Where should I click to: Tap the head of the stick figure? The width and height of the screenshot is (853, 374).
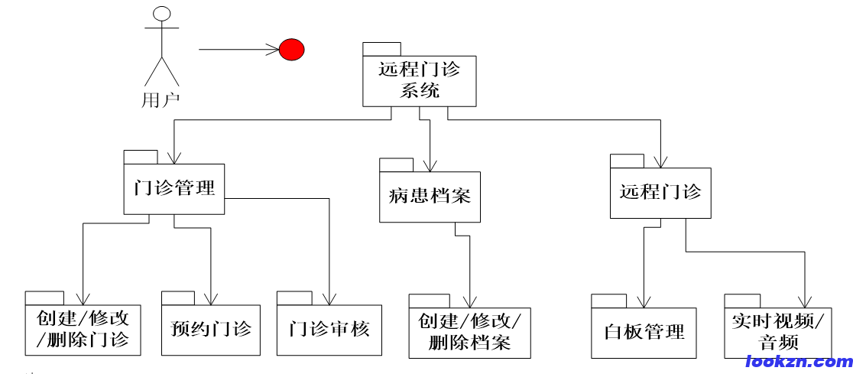161,15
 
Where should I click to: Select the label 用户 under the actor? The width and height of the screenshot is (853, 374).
161,100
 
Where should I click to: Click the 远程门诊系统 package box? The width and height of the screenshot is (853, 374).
419,81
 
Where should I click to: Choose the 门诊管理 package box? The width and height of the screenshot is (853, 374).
174,188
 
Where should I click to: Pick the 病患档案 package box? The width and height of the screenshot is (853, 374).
430,197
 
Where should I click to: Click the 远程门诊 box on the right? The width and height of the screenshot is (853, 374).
660,193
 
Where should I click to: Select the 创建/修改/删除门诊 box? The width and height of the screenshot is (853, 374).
83,330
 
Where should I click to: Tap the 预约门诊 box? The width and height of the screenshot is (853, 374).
211,330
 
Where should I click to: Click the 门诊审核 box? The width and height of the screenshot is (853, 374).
329,330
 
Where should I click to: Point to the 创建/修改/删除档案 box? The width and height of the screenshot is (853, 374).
469,333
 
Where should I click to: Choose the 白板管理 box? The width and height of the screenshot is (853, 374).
644,333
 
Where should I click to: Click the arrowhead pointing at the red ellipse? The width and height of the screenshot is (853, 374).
273,50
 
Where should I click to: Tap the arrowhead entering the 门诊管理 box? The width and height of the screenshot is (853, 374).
175,158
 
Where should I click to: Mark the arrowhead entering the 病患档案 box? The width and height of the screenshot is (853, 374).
430,165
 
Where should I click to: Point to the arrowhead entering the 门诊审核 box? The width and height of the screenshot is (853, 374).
329,299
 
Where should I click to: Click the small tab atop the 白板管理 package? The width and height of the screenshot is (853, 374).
608,301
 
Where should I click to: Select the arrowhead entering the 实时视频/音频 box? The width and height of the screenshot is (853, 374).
805,301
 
